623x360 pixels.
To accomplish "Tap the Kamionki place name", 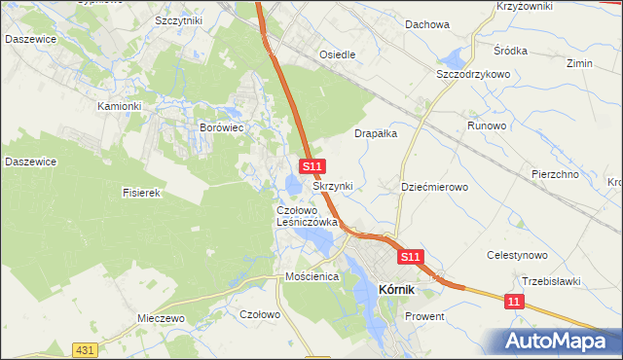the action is coord(120,105).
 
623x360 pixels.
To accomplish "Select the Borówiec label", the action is coord(220,126).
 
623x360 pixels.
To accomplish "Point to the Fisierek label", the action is coord(140,193).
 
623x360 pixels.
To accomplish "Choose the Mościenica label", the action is coord(311,276).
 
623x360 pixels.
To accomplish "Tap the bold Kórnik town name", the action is coord(397,289).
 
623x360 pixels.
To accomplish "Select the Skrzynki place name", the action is coord(332,185).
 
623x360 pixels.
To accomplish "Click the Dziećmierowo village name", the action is coord(435,186).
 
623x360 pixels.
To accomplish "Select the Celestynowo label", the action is coord(518,255).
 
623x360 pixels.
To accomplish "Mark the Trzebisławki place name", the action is coord(551,281).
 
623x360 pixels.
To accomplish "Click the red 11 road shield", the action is coord(514,304).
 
